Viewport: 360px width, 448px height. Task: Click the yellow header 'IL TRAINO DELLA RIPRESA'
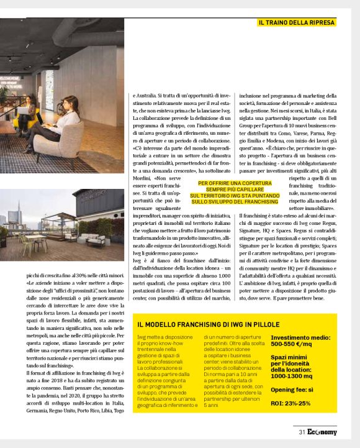click(x=296, y=22)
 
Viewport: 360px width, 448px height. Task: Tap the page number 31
click(x=301, y=433)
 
